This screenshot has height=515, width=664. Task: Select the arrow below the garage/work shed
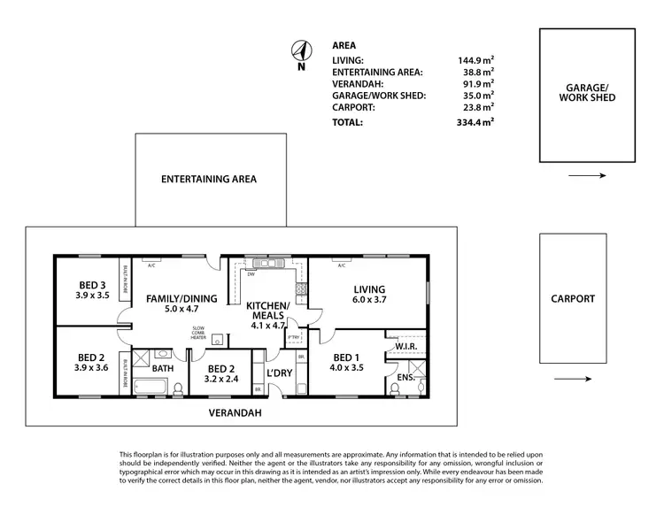(587, 176)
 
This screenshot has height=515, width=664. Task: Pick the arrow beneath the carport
(573, 380)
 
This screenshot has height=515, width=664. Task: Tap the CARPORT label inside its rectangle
(573, 299)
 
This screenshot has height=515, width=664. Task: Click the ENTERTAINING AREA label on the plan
(209, 179)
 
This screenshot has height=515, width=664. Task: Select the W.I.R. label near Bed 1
(405, 346)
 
